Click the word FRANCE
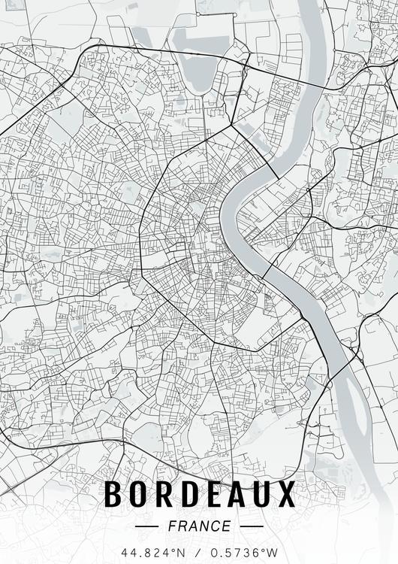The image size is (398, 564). (x=199, y=526)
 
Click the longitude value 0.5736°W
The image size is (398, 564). (x=245, y=553)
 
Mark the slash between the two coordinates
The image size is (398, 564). (x=198, y=553)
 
